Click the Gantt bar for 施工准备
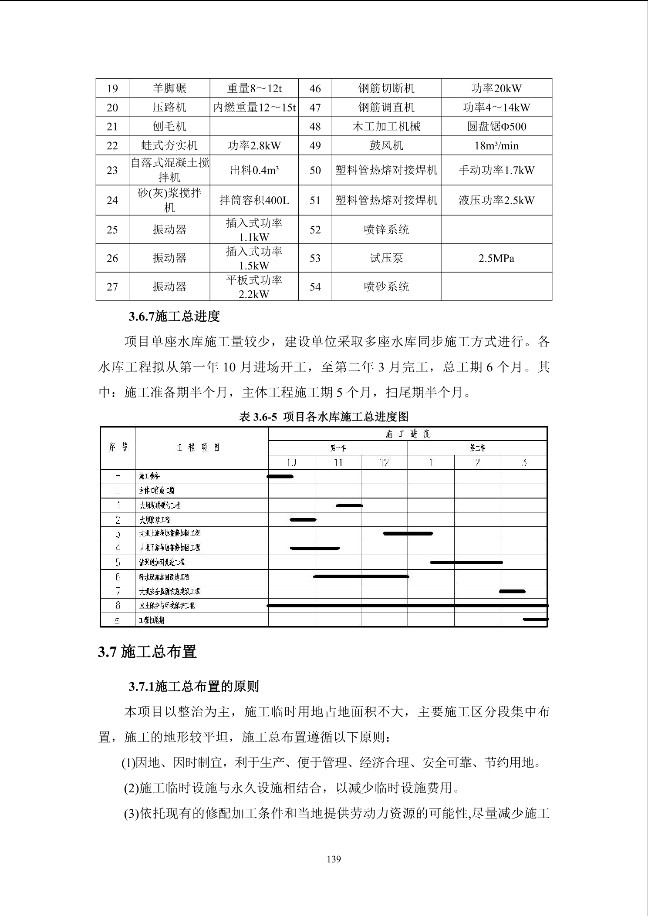280,476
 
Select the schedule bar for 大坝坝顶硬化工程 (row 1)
349,505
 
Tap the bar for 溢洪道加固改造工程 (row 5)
466,562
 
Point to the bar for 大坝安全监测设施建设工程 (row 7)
512,591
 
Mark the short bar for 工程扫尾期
535,619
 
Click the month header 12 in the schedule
384,462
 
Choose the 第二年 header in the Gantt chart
477,448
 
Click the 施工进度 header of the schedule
408,434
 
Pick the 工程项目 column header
199,448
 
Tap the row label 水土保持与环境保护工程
167,606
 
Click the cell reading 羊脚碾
169,88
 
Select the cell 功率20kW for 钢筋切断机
496,88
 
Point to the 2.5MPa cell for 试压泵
496,258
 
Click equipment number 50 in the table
315,170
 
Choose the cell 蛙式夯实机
169,145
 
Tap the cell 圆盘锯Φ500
496,127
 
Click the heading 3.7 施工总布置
147,652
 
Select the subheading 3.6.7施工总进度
174,317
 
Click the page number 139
334,859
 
